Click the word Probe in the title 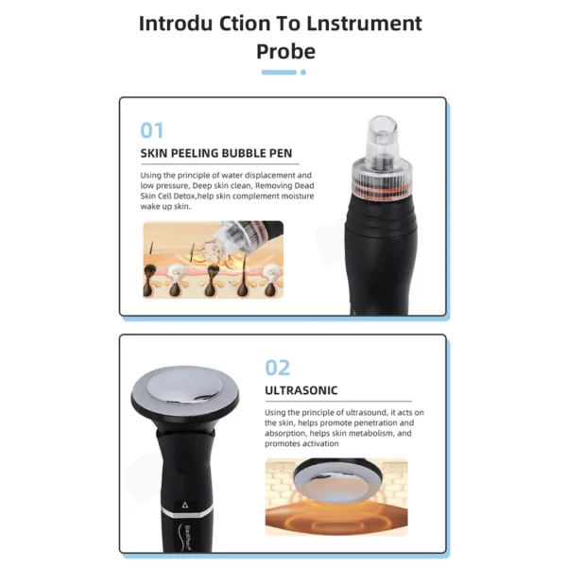(x=285, y=50)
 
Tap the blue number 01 (x=151, y=130)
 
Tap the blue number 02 (x=277, y=368)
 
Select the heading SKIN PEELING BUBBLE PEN (x=215, y=153)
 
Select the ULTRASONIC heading (x=301, y=389)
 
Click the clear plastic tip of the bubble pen (x=385, y=138)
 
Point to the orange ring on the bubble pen (x=385, y=175)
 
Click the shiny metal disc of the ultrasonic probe (x=189, y=386)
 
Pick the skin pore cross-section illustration (x=212, y=259)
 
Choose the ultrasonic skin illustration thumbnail (x=335, y=495)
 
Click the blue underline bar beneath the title (x=278, y=72)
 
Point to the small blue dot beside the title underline (x=302, y=72)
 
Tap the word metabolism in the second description (x=348, y=433)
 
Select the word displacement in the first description (x=275, y=175)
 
